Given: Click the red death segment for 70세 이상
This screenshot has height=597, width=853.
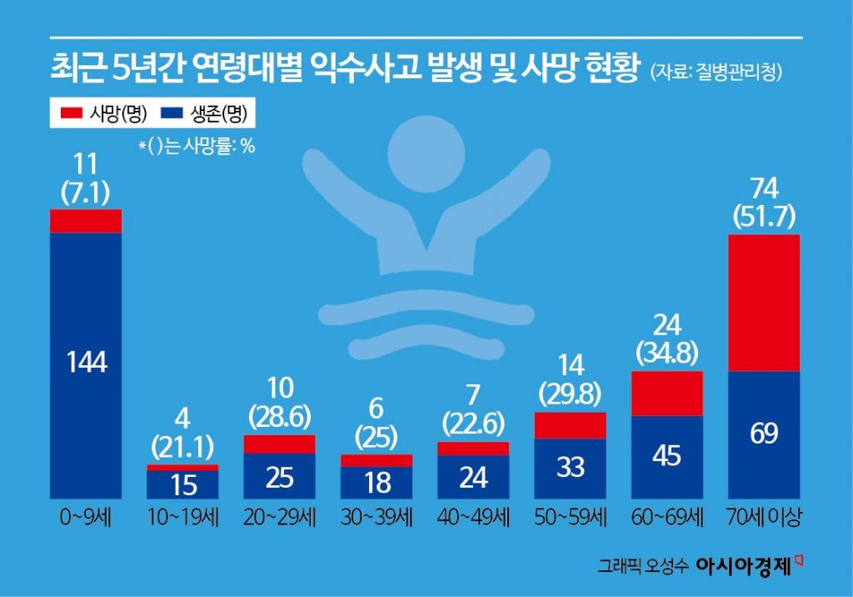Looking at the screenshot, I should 764,303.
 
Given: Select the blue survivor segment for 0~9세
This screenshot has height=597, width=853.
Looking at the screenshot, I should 86,365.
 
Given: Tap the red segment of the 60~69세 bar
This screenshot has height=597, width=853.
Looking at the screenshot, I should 668,394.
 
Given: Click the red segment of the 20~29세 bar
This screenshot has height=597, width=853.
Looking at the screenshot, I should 279,444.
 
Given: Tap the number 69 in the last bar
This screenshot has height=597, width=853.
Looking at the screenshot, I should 764,434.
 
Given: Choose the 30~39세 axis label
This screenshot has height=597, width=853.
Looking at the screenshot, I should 377,518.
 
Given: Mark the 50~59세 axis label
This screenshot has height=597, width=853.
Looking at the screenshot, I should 570,518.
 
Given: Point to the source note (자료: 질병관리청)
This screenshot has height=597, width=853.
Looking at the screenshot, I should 716,72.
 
